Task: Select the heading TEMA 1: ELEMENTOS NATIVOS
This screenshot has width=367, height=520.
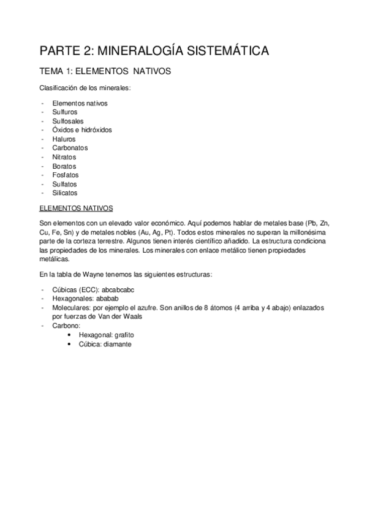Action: (x=105, y=72)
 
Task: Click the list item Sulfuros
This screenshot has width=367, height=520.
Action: (x=65, y=112)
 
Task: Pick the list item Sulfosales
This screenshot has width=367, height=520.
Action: (x=68, y=121)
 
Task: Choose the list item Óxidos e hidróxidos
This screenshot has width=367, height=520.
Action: (x=82, y=130)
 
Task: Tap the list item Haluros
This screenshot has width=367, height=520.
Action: (x=64, y=139)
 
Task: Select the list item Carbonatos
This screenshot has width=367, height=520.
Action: (x=70, y=148)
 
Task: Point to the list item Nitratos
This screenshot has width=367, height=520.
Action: (x=64, y=157)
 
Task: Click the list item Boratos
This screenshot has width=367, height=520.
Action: (x=64, y=166)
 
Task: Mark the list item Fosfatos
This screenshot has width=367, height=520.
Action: (x=66, y=175)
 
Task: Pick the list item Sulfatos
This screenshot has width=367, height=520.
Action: (x=65, y=184)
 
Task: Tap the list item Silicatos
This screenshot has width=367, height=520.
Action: (x=65, y=193)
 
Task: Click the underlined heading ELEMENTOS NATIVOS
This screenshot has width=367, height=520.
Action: (x=76, y=208)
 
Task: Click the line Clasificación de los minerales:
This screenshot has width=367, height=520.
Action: (x=85, y=88)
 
